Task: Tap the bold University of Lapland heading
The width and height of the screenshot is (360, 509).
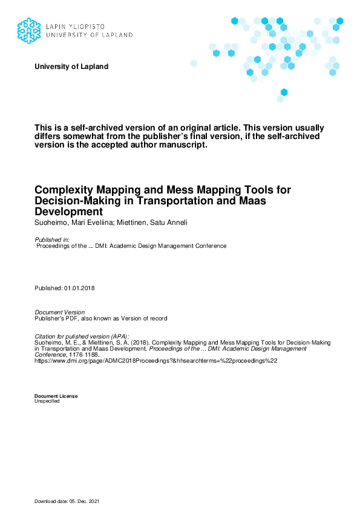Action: tap(71, 66)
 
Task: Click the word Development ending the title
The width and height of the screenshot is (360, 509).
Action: tap(69, 212)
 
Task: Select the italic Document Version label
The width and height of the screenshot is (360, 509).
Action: tap(60, 312)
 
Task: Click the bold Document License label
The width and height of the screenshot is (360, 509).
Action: tap(56, 396)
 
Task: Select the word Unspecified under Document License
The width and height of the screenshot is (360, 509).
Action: tap(47, 401)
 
